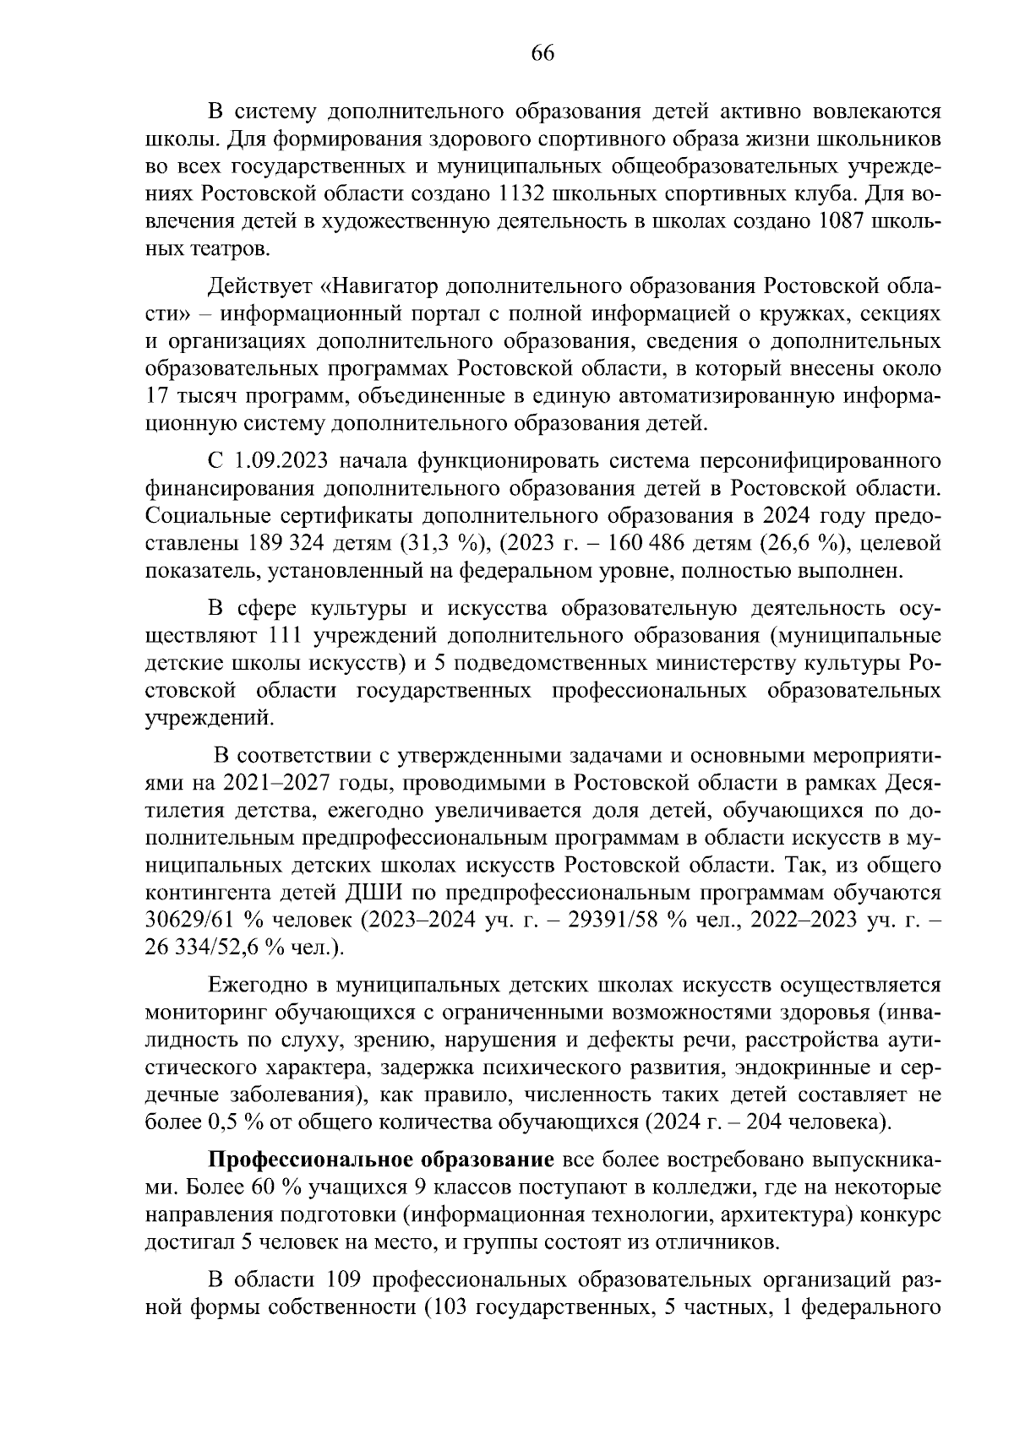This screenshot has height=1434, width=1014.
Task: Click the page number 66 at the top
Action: point(542,53)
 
